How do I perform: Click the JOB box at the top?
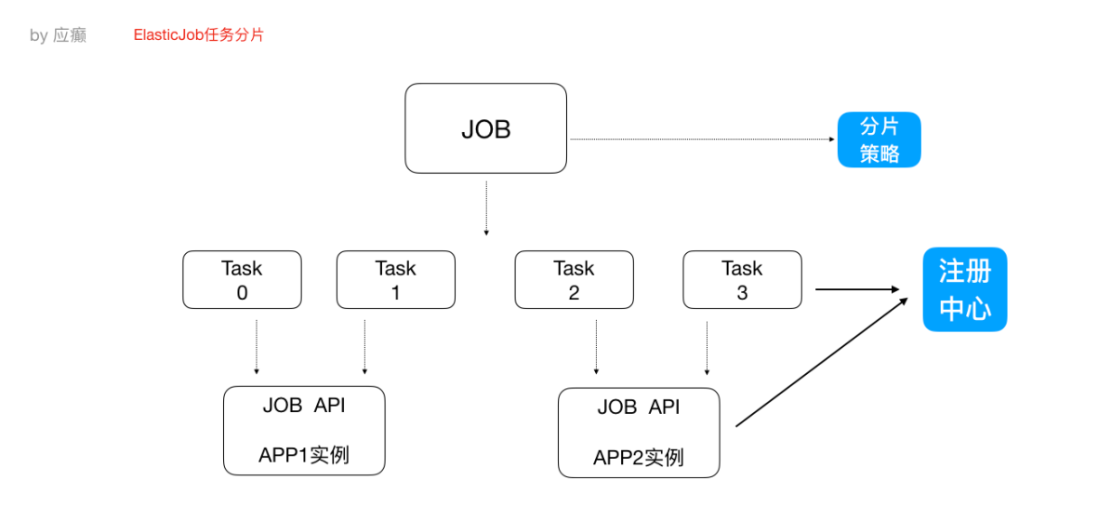(485, 128)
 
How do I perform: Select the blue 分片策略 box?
(879, 140)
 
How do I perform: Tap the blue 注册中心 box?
(964, 289)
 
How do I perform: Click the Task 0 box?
(242, 279)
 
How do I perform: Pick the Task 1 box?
(395, 279)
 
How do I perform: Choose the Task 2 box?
(574, 279)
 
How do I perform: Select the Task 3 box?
(742, 279)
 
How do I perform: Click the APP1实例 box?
(304, 431)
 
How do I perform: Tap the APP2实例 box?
(638, 433)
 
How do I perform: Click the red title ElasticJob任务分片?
(198, 35)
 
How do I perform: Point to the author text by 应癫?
(58, 36)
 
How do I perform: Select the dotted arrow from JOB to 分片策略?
(702, 140)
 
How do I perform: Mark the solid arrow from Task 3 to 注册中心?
(860, 289)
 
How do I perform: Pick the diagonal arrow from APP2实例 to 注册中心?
(823, 363)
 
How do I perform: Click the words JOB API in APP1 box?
(304, 406)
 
